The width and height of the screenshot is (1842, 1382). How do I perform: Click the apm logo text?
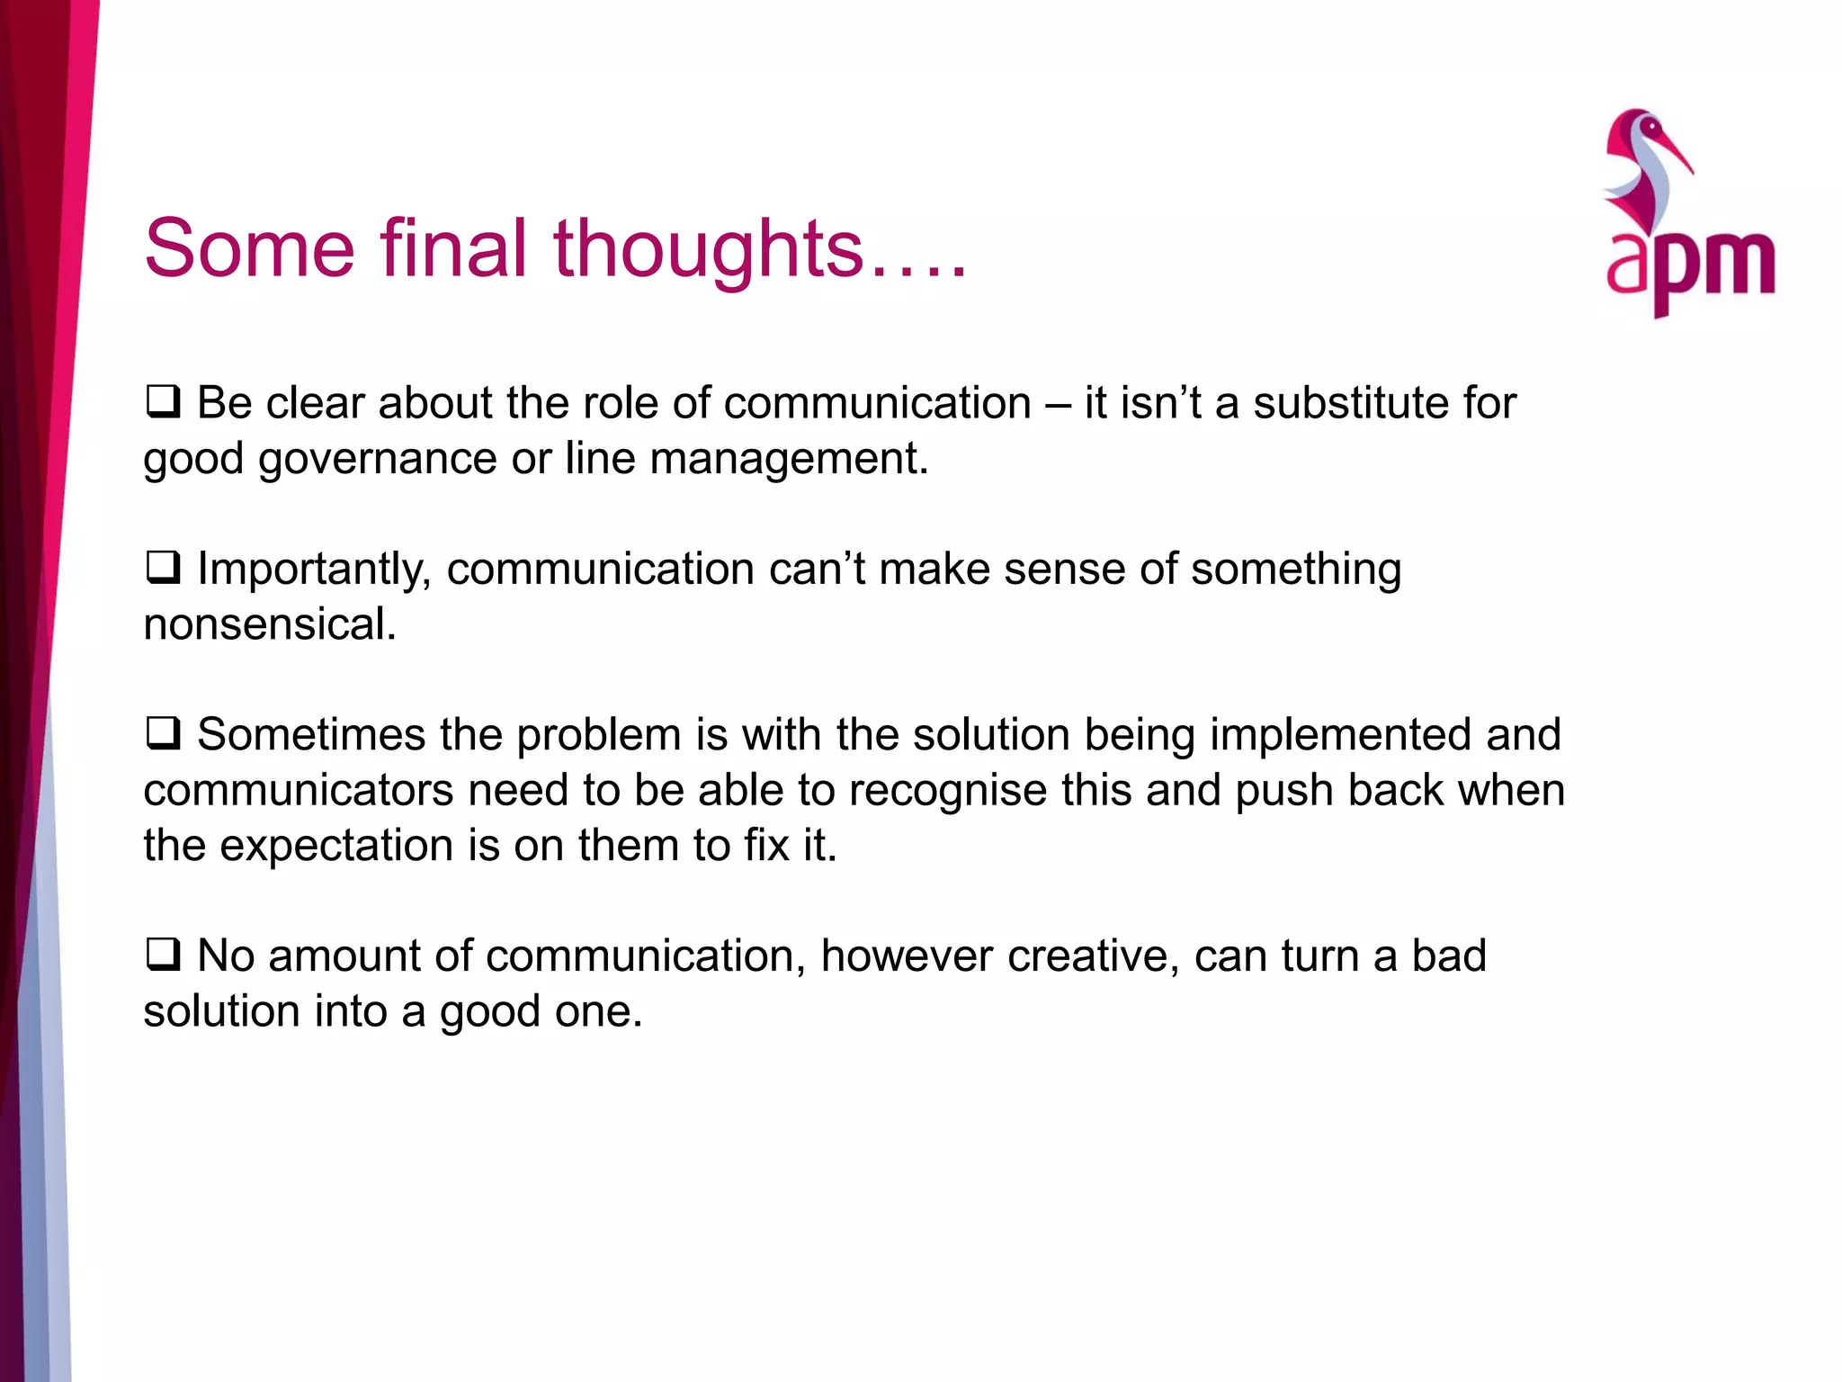point(1690,265)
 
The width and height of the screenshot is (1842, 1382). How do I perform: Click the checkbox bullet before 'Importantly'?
point(164,568)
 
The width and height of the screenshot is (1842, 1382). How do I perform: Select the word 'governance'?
point(378,459)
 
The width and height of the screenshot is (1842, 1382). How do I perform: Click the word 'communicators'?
point(298,790)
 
